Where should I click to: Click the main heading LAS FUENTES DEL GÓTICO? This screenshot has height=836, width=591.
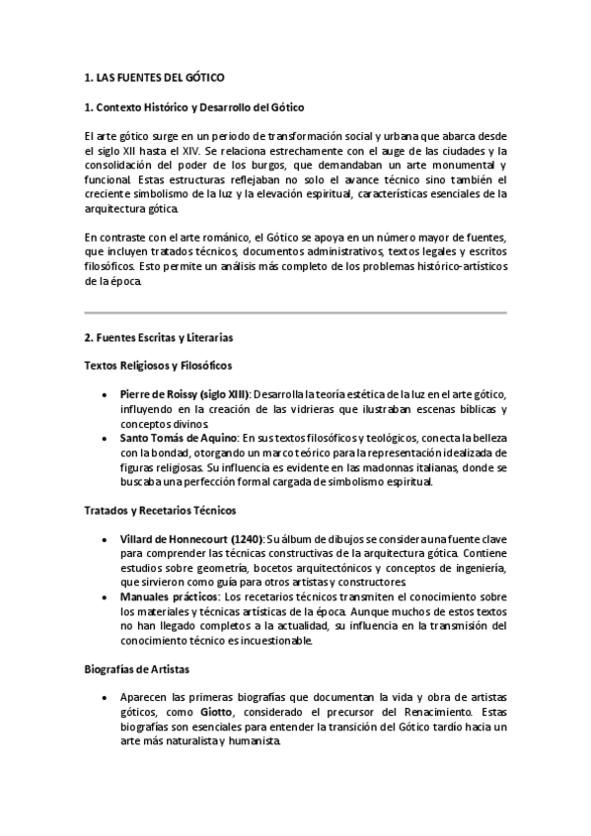tap(161, 76)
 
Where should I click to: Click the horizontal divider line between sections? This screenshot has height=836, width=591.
tap(295, 313)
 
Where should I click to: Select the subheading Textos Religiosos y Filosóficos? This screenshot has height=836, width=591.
tap(158, 366)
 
